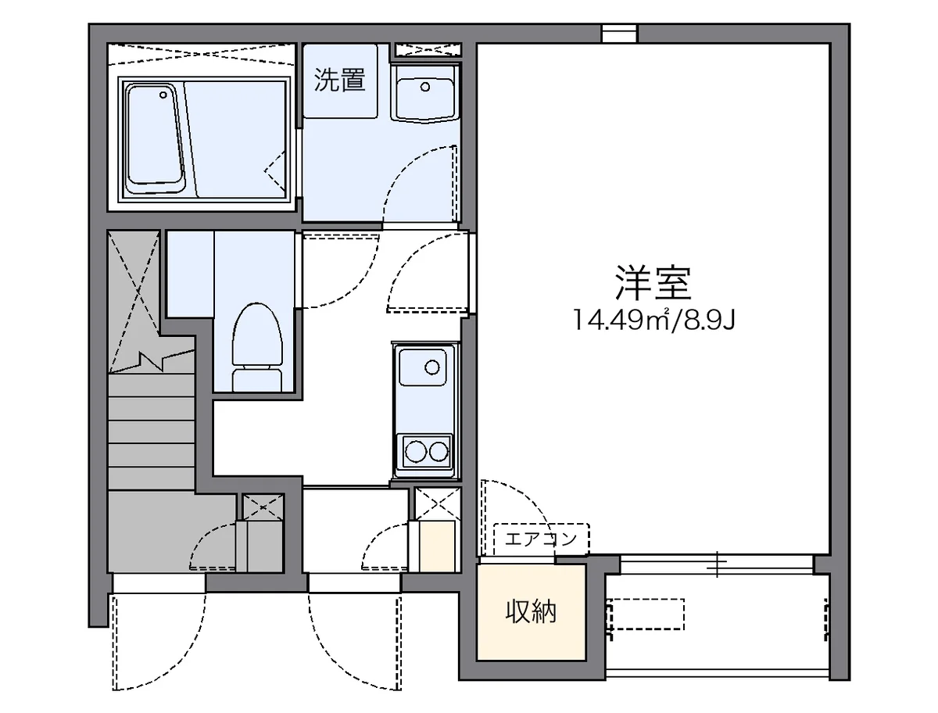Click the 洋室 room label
(x=653, y=282)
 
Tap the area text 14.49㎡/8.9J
(x=653, y=320)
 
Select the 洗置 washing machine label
(x=340, y=80)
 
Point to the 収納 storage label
(x=531, y=611)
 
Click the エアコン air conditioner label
(x=541, y=539)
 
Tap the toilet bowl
(x=257, y=336)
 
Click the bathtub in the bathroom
(x=156, y=138)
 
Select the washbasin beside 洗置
(x=424, y=91)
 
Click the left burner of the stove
(x=414, y=450)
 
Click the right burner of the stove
(x=439, y=450)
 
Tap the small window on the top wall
(x=619, y=33)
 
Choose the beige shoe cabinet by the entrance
(x=438, y=545)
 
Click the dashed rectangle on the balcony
(x=646, y=614)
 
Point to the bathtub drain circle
(x=163, y=95)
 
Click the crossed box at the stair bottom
(x=263, y=507)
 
